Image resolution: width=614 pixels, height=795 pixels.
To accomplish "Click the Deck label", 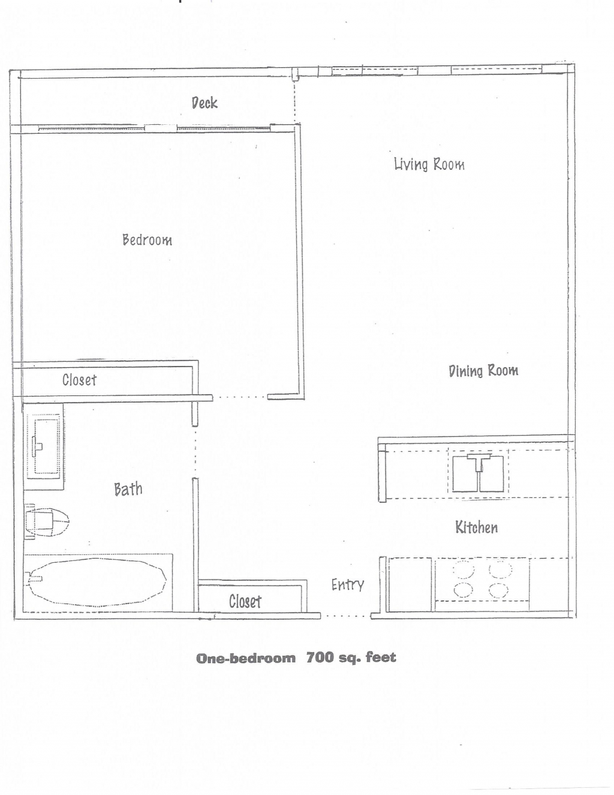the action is coord(204,103).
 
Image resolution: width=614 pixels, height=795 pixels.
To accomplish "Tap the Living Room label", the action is coord(429,164).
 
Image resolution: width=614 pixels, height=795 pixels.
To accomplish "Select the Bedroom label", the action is coord(147,240).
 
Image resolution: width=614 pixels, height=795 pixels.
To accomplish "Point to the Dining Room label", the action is coord(483,371).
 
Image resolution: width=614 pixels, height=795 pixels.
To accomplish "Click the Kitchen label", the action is coord(476,527).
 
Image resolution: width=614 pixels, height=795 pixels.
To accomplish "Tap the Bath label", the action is coord(128,489).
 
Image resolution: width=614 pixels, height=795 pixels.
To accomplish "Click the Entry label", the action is coord(348,585).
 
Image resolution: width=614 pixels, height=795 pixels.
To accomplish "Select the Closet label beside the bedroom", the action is coord(79,380).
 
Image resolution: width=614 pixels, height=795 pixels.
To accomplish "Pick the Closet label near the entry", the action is coord(245,601).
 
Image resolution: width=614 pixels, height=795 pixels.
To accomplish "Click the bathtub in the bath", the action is coord(98,583).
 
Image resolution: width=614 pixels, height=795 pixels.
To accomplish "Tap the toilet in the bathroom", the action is coord(46,521).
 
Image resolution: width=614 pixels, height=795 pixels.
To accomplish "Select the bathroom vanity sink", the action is coord(46,446).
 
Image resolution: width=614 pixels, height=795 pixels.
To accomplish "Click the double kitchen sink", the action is coord(478,473).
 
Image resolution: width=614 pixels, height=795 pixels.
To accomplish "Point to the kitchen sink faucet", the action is coord(478,462).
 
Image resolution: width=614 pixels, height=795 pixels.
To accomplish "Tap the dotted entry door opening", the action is coord(346,616).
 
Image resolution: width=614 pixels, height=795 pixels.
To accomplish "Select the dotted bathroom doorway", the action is coord(195,452).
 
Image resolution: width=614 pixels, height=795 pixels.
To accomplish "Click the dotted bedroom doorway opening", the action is coord(240,397).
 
